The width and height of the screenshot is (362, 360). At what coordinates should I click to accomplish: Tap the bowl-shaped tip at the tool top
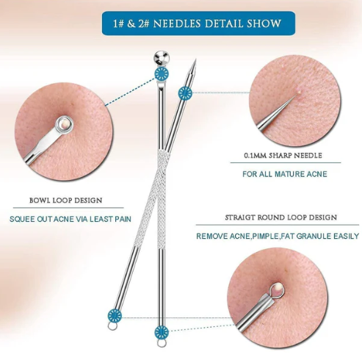click(x=162, y=57)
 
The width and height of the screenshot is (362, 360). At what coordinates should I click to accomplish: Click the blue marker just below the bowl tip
click(x=162, y=73)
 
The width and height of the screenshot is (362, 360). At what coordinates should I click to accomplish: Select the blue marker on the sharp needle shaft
click(x=185, y=93)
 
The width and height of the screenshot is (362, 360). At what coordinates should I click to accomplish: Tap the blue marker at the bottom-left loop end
click(x=115, y=316)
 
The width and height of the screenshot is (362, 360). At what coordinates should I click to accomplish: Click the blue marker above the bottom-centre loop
click(x=162, y=332)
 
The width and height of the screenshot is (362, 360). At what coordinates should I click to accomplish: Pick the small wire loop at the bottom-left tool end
click(x=112, y=326)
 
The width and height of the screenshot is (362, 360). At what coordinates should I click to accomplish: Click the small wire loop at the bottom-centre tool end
click(x=162, y=343)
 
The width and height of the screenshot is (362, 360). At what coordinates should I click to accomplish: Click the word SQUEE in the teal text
click(x=22, y=219)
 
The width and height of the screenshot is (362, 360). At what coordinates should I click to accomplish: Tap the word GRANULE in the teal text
click(x=310, y=237)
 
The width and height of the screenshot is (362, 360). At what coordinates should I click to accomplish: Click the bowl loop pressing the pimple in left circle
click(x=64, y=125)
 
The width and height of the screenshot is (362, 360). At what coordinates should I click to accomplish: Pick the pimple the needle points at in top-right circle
click(x=299, y=92)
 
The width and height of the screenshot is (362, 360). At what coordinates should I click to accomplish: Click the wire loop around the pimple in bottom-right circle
click(x=277, y=289)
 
